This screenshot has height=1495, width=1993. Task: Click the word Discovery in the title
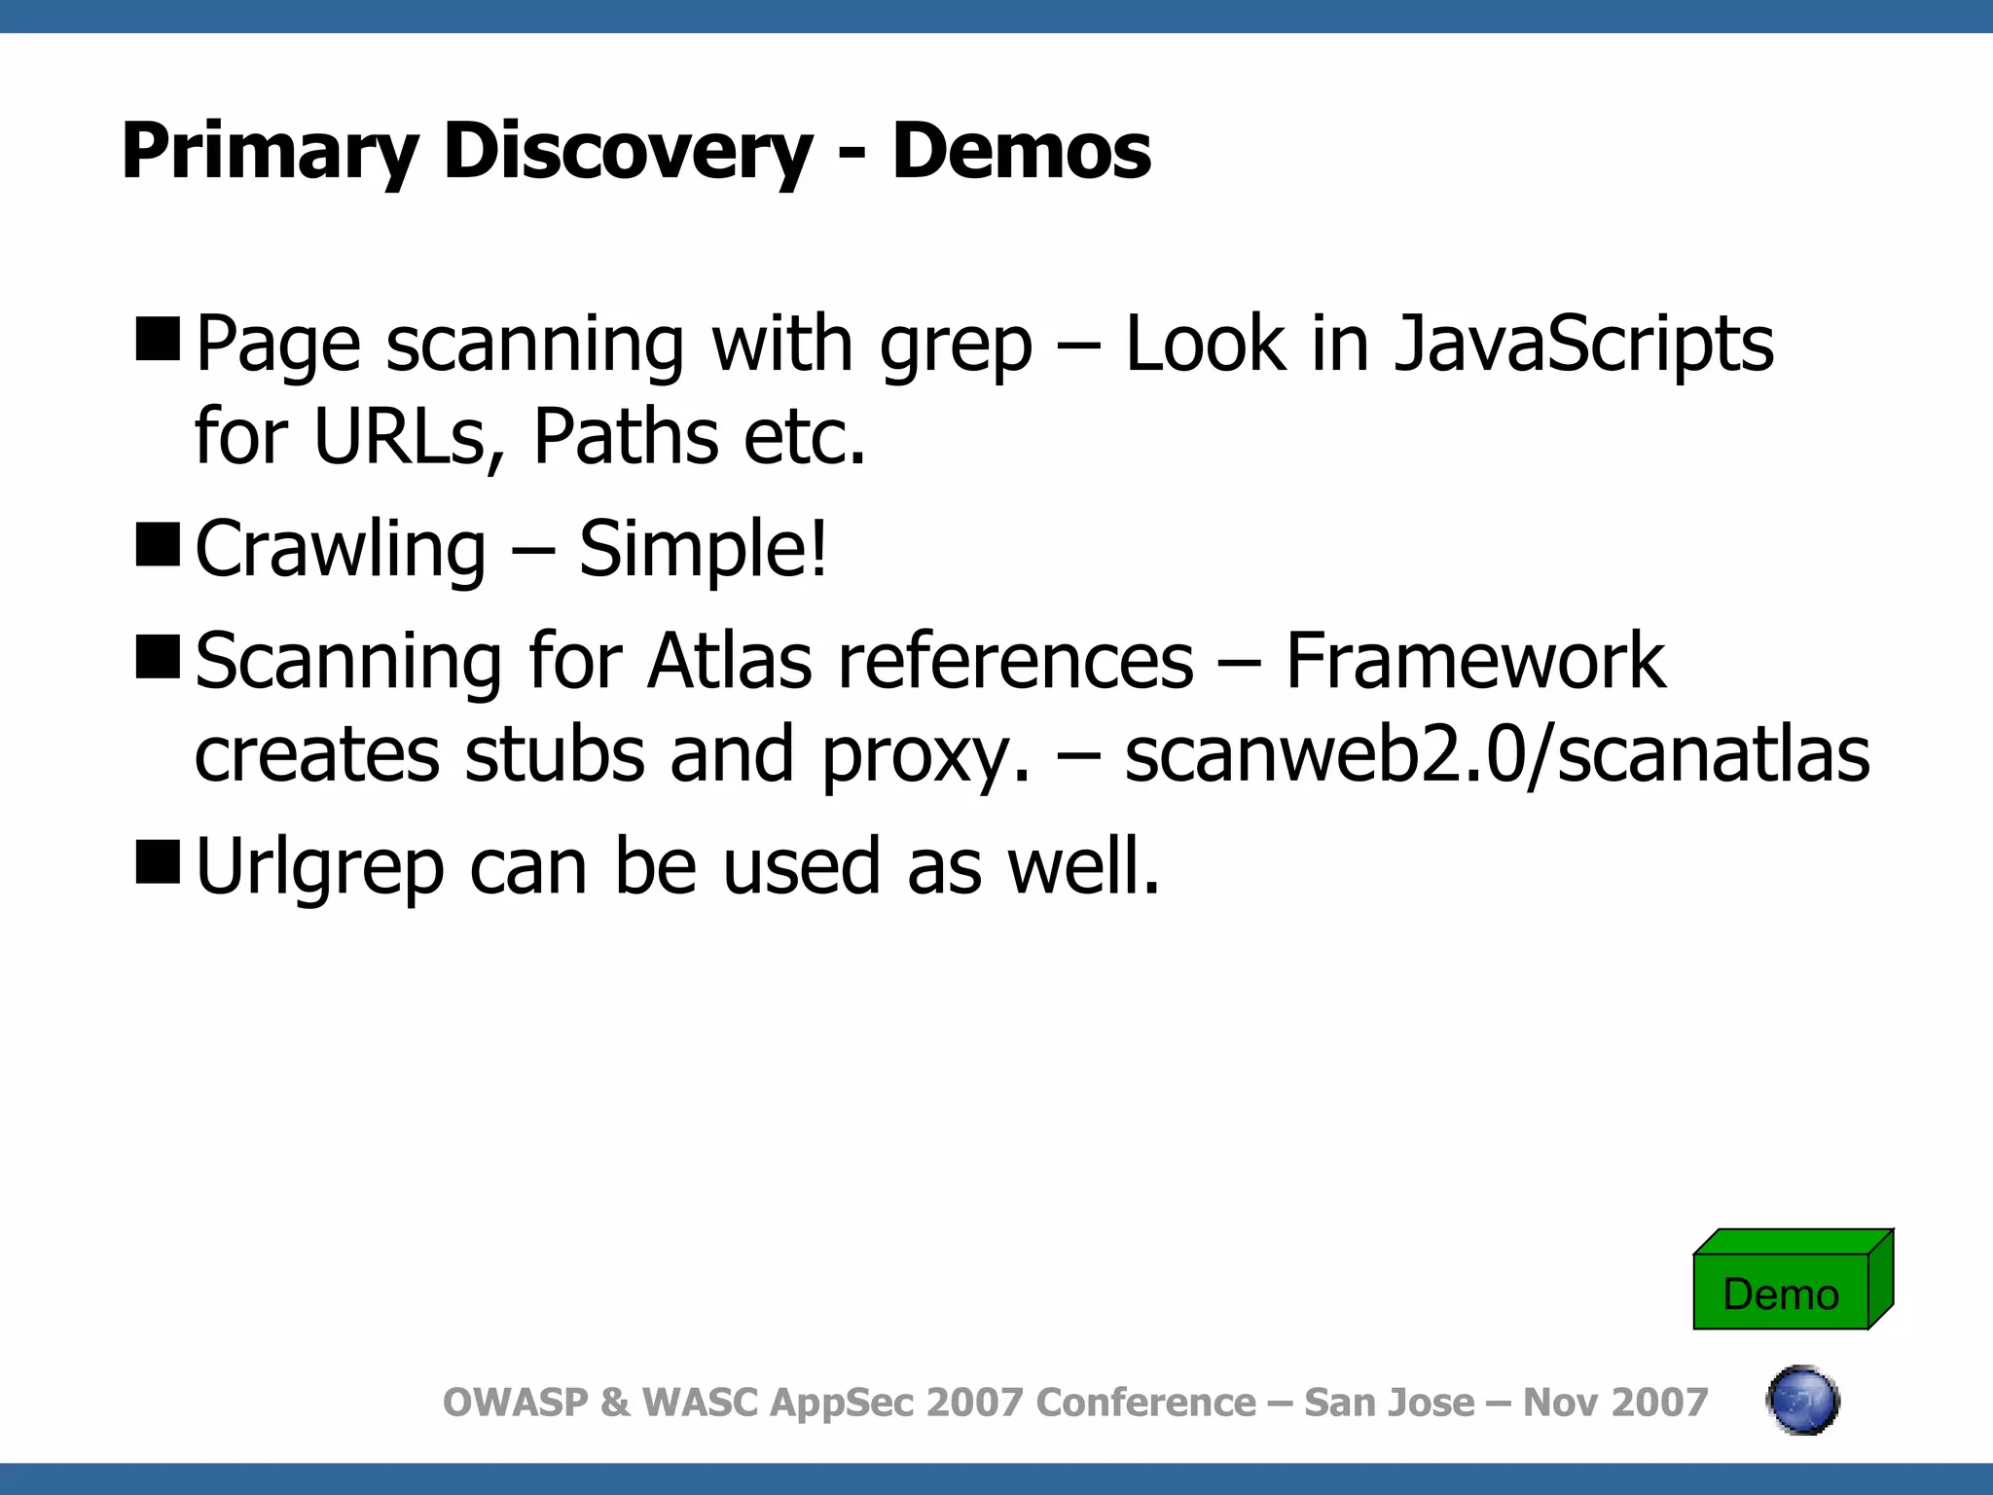coord(628,152)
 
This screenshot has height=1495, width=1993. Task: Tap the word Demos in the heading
coord(1021,152)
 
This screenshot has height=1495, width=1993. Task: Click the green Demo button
coord(1782,1292)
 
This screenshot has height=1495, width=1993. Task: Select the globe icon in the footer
coord(1802,1401)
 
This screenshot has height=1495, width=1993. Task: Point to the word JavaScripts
coord(1584,345)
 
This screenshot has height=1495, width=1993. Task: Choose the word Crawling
coord(341,550)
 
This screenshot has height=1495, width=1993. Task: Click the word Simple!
coord(703,550)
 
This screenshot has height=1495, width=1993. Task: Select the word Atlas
coord(729,662)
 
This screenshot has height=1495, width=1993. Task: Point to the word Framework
coord(1475,662)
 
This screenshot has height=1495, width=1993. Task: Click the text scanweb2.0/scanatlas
coord(1497,755)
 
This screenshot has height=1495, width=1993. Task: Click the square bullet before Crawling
coord(158,544)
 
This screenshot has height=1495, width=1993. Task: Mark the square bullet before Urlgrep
coord(158,861)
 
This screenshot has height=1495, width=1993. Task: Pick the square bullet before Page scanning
coord(158,339)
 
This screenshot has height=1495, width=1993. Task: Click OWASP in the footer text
coord(516,1403)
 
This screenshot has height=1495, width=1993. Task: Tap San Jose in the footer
coord(1388,1403)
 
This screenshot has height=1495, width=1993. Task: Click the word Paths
coord(625,437)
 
